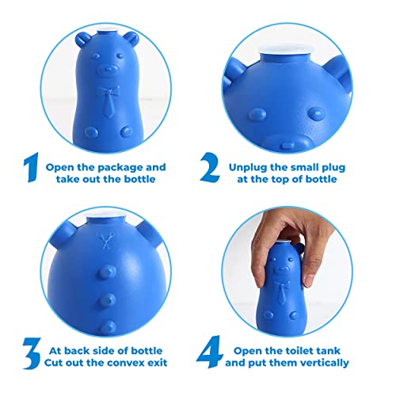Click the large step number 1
tap(31, 167)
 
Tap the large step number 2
tap(210, 167)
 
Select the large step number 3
tap(32, 353)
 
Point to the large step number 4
tap(210, 352)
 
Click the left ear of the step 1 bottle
tap(82, 40)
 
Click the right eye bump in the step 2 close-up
tap(316, 114)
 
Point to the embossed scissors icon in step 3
tap(105, 241)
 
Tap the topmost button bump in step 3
tap(107, 272)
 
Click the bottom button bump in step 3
tap(108, 328)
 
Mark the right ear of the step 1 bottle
tap(132, 40)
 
